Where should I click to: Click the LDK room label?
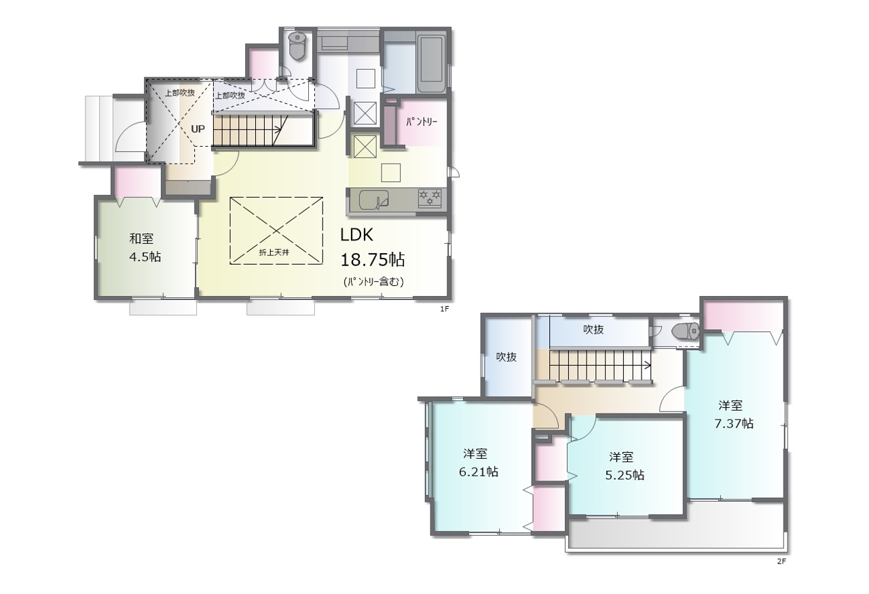pos(356,235)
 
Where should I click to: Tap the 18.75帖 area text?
pos(373,259)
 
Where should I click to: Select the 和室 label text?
pos(141,238)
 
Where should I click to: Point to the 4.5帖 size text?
pos(145,257)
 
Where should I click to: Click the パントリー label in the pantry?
pos(422,122)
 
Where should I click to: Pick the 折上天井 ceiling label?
pos(274,253)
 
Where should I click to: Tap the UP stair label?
pos(198,129)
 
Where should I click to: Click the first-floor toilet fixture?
pos(297,45)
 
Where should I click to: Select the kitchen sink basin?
pos(373,200)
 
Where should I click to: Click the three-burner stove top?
pos(430,198)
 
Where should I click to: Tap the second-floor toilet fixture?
pos(686,331)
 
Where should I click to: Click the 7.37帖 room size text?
pos(734,424)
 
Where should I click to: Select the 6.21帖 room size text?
pos(479,472)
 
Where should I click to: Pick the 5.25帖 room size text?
pos(625,475)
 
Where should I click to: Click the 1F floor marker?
pos(444,309)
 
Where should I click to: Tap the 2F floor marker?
pos(781,561)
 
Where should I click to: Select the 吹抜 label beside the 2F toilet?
pos(593,329)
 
